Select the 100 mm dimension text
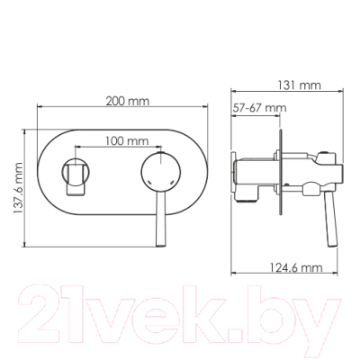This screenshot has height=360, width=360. coord(125,140)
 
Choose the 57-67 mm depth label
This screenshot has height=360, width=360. coord(259,109)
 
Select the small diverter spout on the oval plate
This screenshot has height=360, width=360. coord(76,175)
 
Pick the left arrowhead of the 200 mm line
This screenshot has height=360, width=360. coord(39,109)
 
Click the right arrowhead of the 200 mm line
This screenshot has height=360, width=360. coord(212,109)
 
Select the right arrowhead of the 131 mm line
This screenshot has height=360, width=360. coord(347,94)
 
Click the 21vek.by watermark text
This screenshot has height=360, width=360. coord(181,310)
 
